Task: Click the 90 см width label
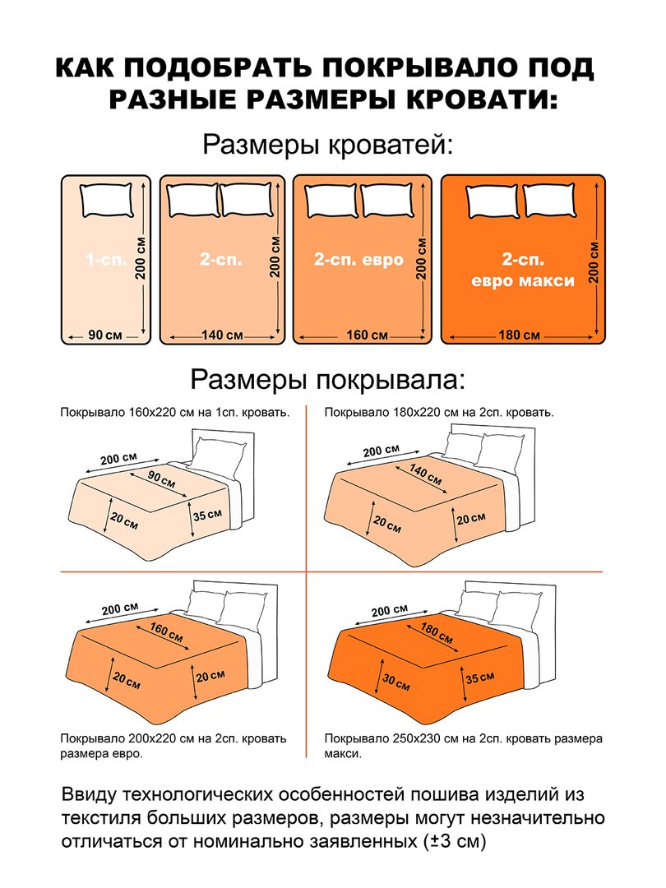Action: [104, 335]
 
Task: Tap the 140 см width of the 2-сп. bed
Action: [222, 335]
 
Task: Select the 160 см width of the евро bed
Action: [367, 335]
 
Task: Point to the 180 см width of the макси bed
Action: [519, 335]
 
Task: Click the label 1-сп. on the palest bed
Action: [106, 260]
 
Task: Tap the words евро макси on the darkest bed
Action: [523, 280]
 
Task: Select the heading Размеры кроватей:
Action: [328, 145]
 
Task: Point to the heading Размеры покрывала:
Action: [327, 379]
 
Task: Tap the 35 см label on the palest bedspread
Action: [207, 515]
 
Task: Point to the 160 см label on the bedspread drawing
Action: [166, 632]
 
